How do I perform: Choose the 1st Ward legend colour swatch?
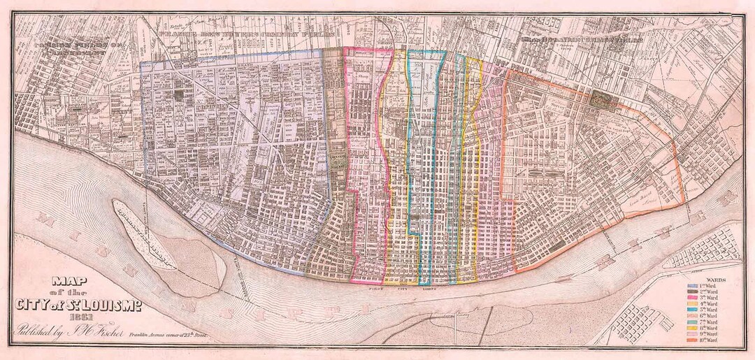[x=693, y=286]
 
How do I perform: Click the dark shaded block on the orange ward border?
[x=605, y=99]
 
